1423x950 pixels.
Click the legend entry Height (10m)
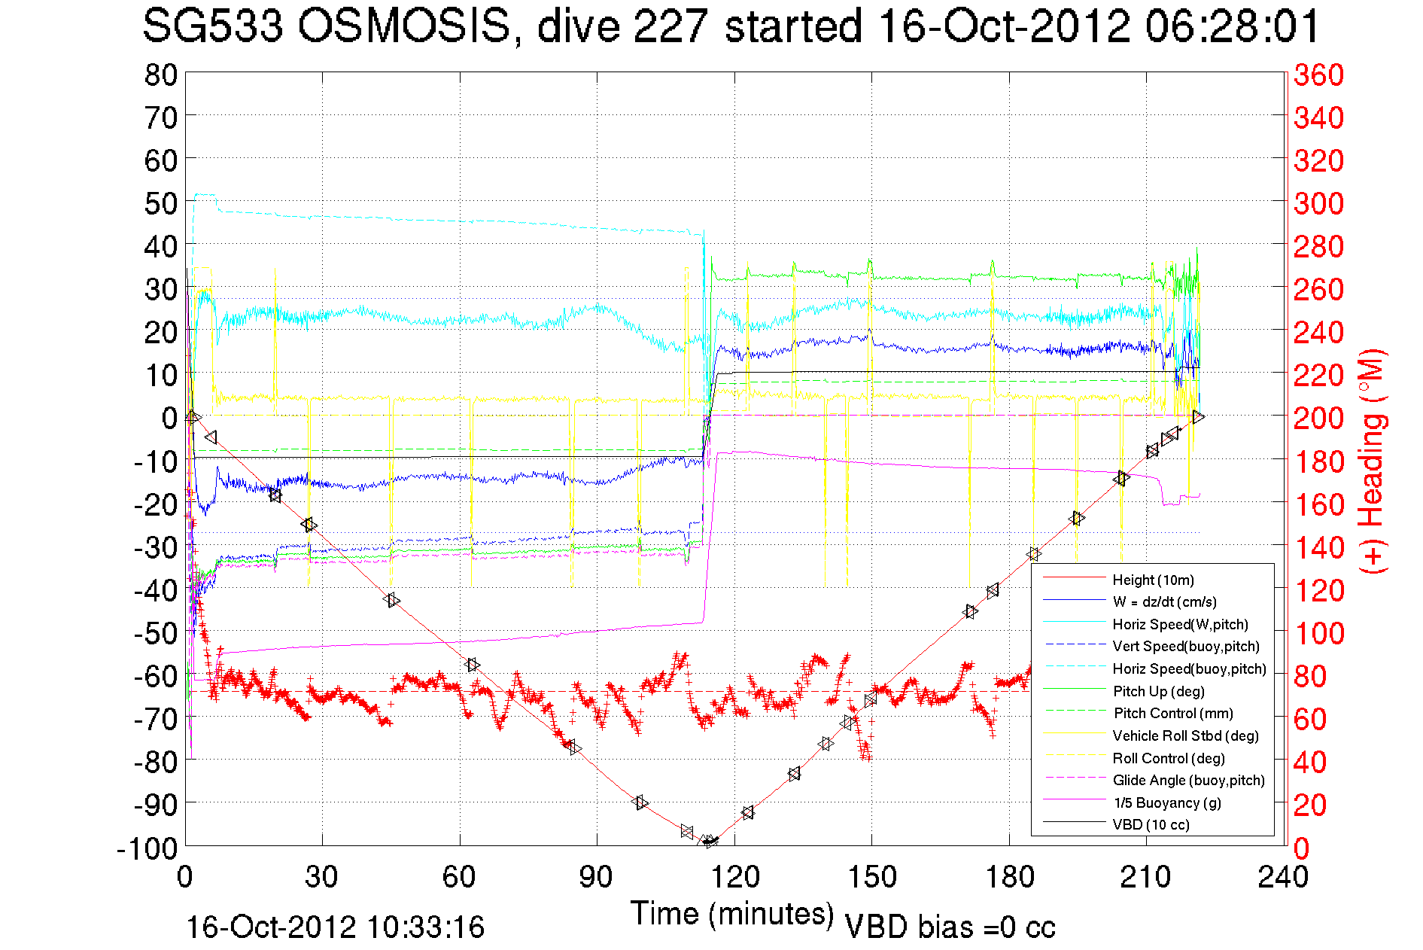click(1153, 580)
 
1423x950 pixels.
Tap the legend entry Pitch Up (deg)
click(1158, 691)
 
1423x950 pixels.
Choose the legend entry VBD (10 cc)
click(1151, 824)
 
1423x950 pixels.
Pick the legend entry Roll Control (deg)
click(1168, 758)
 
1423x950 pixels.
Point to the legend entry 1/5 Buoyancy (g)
click(1166, 802)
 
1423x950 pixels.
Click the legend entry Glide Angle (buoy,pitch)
click(1188, 780)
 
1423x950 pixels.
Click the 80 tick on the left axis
click(160, 75)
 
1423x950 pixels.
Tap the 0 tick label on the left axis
click(169, 418)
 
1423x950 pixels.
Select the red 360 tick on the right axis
click(1318, 75)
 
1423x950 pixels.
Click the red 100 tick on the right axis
click(1318, 633)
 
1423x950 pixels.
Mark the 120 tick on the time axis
click(734, 877)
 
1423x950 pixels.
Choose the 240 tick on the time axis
click(1283, 877)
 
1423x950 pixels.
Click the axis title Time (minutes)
click(732, 914)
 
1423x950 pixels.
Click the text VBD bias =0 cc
click(950, 927)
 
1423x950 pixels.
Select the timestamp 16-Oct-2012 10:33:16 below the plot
click(335, 927)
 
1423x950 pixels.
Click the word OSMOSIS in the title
click(404, 27)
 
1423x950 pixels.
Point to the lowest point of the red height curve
click(709, 842)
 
